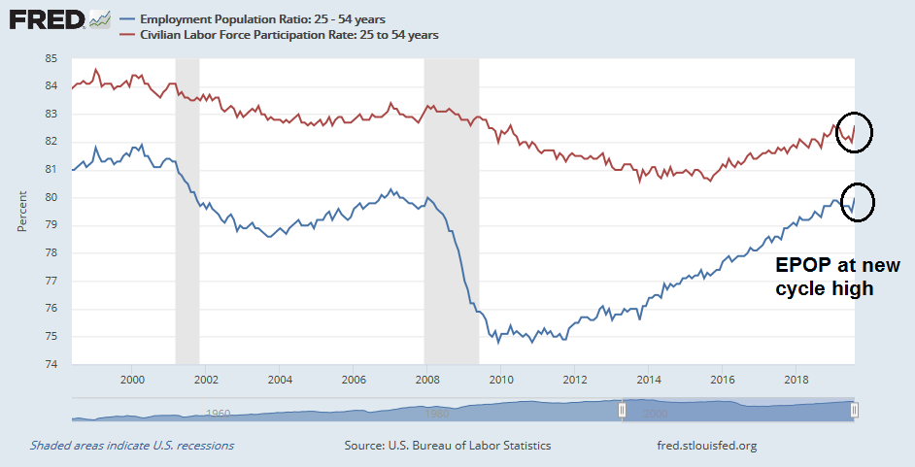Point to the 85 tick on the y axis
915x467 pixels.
(x=51, y=58)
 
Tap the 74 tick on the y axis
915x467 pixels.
(x=51, y=365)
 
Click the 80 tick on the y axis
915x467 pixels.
(x=51, y=198)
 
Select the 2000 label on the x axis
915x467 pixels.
(x=132, y=379)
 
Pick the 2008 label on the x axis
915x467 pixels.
(x=427, y=379)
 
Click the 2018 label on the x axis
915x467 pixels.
(x=796, y=379)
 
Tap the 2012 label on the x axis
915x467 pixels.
(x=575, y=379)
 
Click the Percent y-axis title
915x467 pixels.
(x=21, y=212)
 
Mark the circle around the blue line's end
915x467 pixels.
(x=859, y=202)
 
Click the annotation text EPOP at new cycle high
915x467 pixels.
(x=837, y=277)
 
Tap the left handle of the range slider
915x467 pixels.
(x=623, y=410)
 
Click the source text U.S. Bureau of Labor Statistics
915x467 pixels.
(x=448, y=446)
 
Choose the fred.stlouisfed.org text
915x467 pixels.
(x=706, y=446)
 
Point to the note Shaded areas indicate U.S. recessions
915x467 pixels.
(x=131, y=446)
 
